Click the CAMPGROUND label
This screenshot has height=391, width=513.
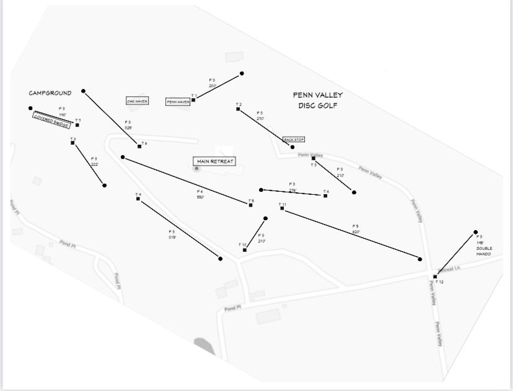tap(50, 93)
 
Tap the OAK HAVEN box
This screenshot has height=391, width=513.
tap(137, 101)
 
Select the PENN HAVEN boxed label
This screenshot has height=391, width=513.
tap(178, 101)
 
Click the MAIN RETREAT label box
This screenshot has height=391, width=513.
tap(215, 161)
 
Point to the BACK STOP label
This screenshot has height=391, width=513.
tap(294, 140)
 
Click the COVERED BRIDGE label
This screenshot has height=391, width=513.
tap(52, 121)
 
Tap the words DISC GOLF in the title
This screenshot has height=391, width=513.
tap(317, 106)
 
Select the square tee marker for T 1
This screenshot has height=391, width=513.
tap(194, 100)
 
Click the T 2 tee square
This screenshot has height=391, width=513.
tap(238, 109)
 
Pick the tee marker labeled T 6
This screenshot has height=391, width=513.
tap(139, 146)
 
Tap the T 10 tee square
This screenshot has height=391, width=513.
tap(245, 250)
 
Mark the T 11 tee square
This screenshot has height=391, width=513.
tap(282, 208)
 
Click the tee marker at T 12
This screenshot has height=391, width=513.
tap(436, 277)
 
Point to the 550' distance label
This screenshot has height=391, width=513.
tap(200, 197)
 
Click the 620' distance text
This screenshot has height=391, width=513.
tap(356, 232)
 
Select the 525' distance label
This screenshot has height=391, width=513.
tap(128, 127)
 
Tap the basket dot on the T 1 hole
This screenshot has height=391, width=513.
tap(242, 73)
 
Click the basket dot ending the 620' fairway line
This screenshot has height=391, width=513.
tap(420, 259)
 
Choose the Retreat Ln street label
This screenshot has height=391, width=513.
tap(450, 269)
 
